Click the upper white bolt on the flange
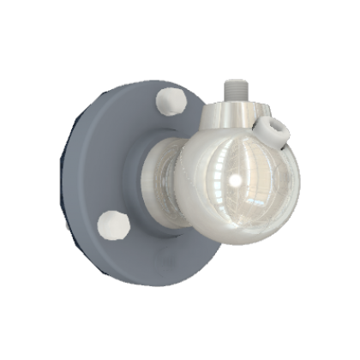pos(173,104)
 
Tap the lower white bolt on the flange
pos(112,226)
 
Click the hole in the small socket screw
pos(277,129)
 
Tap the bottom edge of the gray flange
pos(137,282)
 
